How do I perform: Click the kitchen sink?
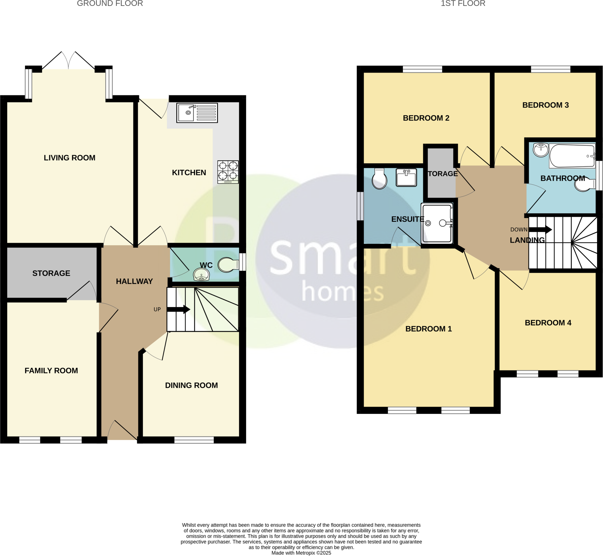click(x=197, y=113)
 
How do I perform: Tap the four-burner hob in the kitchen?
click(x=228, y=172)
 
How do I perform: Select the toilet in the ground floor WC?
click(x=228, y=265)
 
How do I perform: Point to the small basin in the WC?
click(x=201, y=275)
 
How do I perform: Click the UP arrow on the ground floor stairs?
click(x=178, y=309)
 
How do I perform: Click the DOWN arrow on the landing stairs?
click(x=540, y=230)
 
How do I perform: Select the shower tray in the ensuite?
click(x=437, y=223)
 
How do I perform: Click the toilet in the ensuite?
click(x=379, y=179)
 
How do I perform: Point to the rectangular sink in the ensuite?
click(x=406, y=177)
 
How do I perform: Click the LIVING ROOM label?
click(x=69, y=158)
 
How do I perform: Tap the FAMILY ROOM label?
click(x=51, y=371)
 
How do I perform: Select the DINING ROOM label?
click(x=191, y=385)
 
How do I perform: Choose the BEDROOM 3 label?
click(x=545, y=105)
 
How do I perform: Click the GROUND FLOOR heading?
click(x=110, y=4)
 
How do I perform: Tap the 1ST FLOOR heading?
click(x=463, y=4)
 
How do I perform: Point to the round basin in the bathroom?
click(x=541, y=150)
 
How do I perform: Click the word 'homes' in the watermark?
click(x=342, y=291)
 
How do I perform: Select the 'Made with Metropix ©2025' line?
click(x=301, y=553)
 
